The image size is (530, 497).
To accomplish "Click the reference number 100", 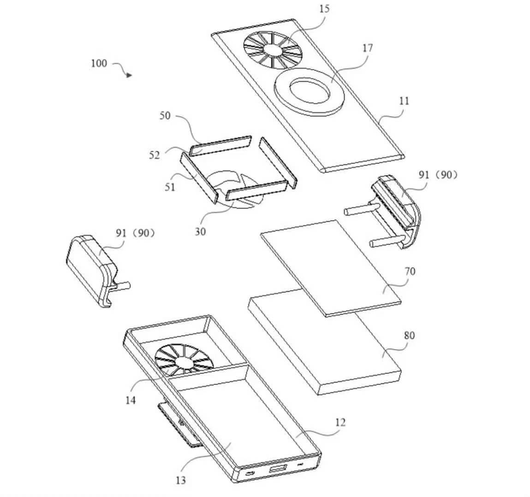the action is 99,63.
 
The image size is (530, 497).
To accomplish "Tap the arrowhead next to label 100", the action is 129,75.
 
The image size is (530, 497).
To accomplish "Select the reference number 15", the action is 324,9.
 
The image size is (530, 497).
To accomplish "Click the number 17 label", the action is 368,48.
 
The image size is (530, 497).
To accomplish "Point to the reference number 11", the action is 404,101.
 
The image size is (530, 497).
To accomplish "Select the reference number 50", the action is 165,116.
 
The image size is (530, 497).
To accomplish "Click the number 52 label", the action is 154,155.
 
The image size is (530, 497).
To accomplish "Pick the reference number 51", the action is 170,187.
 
